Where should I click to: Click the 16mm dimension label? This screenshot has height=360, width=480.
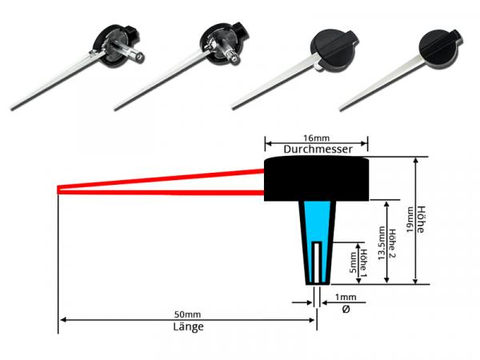315,137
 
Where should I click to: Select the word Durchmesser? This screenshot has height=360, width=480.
315,149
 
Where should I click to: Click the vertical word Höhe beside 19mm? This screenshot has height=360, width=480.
422,220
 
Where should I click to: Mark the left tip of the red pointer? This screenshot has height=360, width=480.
60,190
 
